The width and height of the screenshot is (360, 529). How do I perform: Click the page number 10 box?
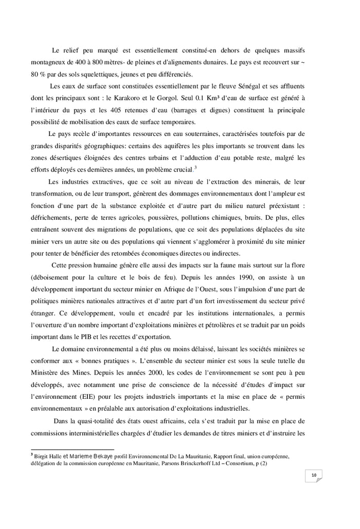click(313, 475)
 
